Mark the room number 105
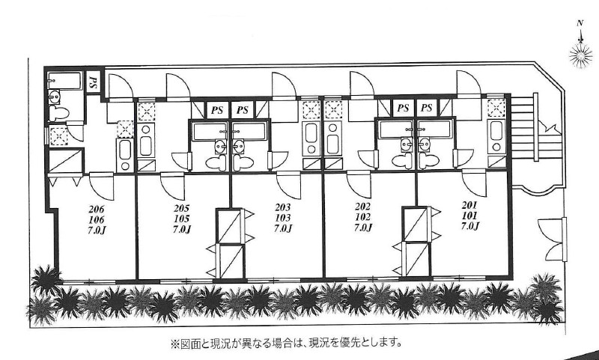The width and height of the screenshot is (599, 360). pyautogui.click(x=181, y=219)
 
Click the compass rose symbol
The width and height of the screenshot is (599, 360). pyautogui.click(x=580, y=53)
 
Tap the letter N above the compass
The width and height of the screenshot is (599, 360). pyautogui.click(x=580, y=23)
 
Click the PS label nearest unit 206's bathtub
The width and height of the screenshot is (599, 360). pyautogui.click(x=94, y=83)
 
